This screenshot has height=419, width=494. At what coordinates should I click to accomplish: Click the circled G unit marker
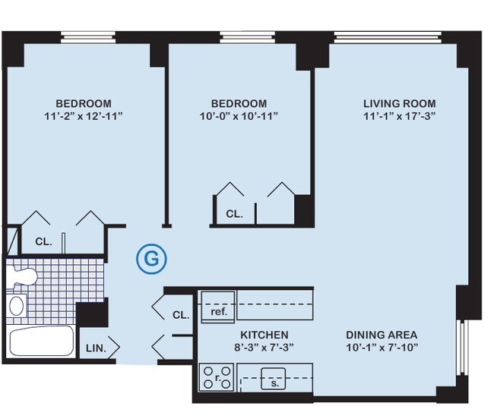[x=151, y=260]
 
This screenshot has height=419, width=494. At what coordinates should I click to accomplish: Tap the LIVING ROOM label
[x=399, y=104]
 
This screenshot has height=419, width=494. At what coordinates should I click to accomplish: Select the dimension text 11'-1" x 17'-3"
[x=399, y=117]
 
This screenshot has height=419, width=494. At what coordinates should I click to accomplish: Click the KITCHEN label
[x=264, y=335]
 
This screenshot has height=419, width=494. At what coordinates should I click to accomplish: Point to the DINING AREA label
[x=381, y=335]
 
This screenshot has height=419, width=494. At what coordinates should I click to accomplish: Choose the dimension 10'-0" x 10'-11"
[x=239, y=117]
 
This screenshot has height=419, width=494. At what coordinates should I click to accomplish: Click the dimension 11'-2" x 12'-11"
[x=84, y=117]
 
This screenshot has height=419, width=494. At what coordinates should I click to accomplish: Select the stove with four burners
[x=217, y=376]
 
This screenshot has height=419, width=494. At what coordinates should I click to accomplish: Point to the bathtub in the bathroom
[x=41, y=342]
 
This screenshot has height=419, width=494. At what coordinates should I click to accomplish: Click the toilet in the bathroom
[x=21, y=276]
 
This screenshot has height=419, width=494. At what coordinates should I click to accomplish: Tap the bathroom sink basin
[x=16, y=306]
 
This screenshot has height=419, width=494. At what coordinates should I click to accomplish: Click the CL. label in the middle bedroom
[x=234, y=214]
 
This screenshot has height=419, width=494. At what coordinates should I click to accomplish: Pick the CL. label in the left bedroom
[x=43, y=243]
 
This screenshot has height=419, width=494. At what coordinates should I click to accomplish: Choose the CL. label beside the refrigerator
[x=181, y=314]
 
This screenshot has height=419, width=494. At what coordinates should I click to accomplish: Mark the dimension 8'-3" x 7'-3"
[x=264, y=348]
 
